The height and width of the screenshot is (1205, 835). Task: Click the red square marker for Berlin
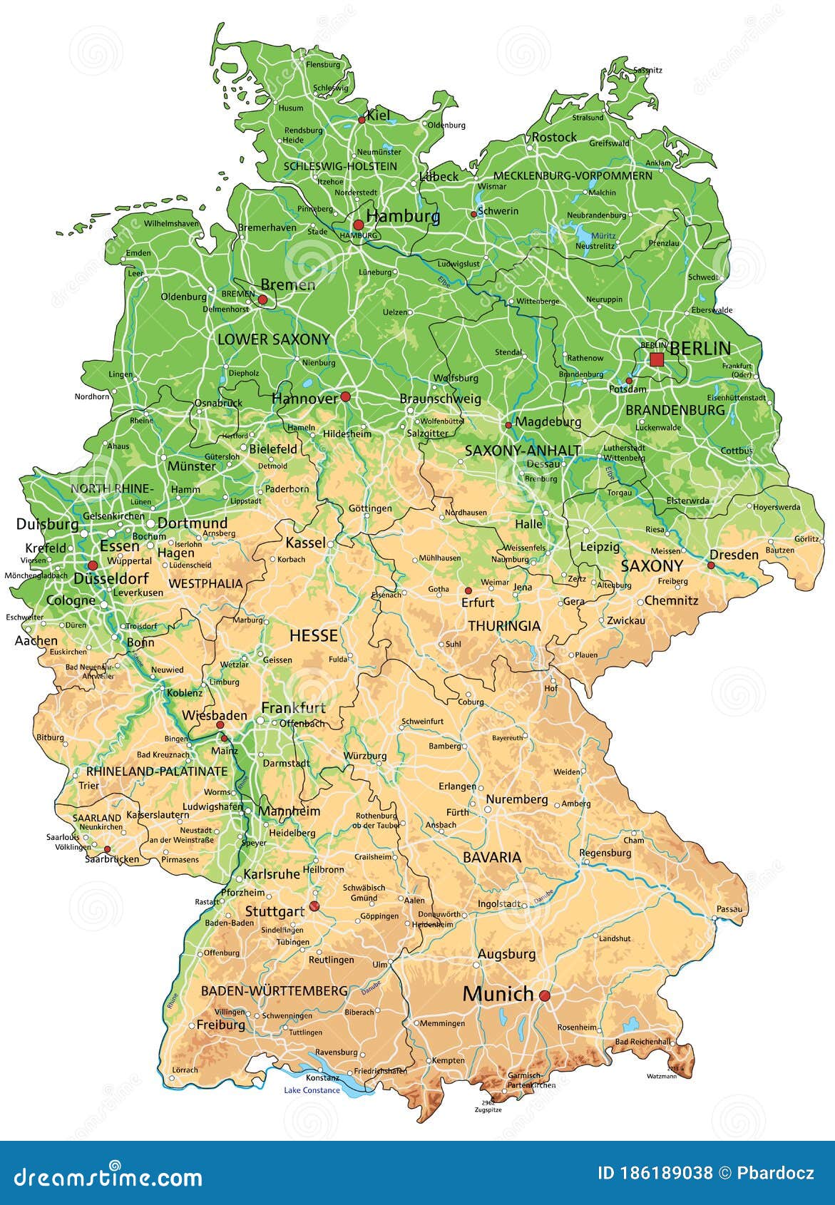pos(657,359)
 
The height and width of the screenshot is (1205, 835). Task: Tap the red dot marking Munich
pos(545,995)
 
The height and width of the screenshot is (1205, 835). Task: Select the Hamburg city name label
pos(403,216)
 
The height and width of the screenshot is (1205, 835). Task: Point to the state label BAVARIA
pos(492,857)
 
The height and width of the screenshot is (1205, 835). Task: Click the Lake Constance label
pos(312,1090)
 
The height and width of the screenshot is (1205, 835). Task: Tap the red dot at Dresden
pos(711,565)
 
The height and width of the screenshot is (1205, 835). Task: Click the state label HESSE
pos(314,635)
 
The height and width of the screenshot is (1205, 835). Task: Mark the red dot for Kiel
pos(362,120)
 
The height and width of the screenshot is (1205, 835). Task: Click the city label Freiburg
pos(220,1025)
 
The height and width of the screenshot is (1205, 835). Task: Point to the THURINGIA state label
pos(504,626)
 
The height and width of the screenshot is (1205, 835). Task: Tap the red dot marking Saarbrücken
pos(107,849)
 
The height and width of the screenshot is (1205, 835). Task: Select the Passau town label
pos(729,908)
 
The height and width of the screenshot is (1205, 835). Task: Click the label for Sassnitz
pos(647,70)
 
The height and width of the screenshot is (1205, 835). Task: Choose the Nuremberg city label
pos(517,799)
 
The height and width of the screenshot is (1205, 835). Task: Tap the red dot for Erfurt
pos(468,590)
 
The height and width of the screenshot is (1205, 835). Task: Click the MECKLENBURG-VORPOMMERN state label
pos(573,175)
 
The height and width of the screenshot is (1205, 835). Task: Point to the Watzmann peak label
pos(661,1076)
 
